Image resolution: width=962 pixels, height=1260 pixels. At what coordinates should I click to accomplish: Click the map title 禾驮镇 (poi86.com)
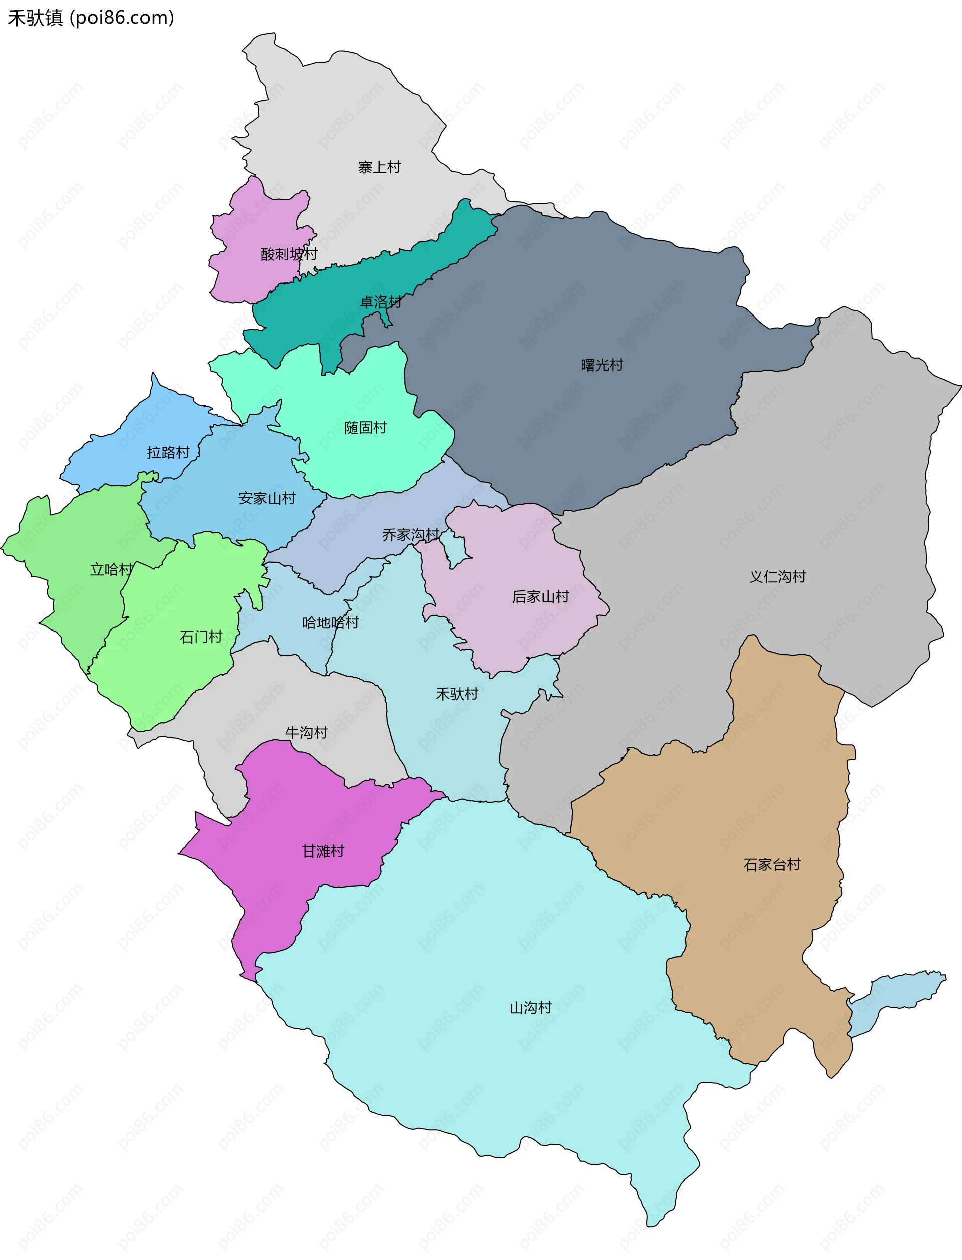[91, 17]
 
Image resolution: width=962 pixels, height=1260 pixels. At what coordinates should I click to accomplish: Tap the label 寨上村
[379, 167]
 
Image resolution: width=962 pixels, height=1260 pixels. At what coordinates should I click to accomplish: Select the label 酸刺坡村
[289, 254]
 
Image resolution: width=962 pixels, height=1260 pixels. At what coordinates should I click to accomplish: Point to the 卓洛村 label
[380, 302]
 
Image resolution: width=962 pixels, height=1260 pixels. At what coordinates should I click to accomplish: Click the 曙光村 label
[601, 365]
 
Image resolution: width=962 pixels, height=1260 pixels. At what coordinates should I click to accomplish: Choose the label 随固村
[365, 428]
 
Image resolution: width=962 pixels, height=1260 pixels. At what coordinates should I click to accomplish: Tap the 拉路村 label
[168, 453]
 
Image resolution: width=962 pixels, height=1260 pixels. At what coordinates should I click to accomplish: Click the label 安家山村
[267, 498]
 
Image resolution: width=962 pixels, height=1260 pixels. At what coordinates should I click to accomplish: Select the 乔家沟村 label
[410, 535]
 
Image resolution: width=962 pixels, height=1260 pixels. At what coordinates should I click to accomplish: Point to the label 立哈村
[111, 569]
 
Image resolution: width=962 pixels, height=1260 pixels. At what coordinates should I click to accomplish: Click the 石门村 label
[201, 637]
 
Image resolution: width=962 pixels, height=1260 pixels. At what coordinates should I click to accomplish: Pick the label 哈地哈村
[330, 622]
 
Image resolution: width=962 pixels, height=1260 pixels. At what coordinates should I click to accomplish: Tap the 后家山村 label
[540, 597]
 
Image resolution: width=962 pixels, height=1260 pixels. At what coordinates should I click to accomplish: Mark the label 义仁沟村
[777, 576]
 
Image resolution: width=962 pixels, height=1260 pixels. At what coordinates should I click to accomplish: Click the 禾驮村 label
[457, 694]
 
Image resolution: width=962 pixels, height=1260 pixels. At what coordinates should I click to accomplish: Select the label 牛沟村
[306, 733]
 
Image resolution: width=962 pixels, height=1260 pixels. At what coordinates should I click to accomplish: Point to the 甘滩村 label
[323, 851]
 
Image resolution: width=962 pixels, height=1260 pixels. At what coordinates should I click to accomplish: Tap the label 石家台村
[771, 864]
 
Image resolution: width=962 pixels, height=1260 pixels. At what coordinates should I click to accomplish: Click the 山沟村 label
[530, 1008]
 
